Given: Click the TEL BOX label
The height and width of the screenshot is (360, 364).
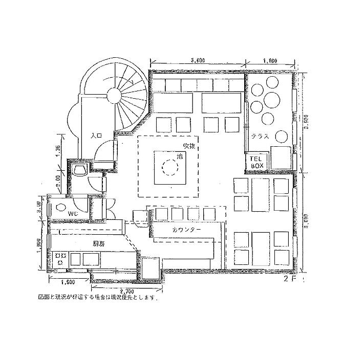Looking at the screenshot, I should [x=256, y=163].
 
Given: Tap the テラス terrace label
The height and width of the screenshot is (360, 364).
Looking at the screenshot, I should [x=260, y=137].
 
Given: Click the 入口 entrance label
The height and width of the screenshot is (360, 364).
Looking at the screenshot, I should [x=96, y=136].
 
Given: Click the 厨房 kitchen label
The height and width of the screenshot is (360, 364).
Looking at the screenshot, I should [x=98, y=244].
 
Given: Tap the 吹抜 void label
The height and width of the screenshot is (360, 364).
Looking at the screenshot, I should [x=189, y=146].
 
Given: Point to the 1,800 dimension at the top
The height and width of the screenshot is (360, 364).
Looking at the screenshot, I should [x=270, y=61].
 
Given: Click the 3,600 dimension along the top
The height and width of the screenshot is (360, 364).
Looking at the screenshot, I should [x=198, y=61].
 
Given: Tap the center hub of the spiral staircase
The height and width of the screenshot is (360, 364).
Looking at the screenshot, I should [x=113, y=95].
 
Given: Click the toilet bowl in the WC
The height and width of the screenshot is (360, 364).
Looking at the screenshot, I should [x=60, y=208].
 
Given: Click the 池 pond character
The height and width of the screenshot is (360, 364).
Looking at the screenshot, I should [x=179, y=155].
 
